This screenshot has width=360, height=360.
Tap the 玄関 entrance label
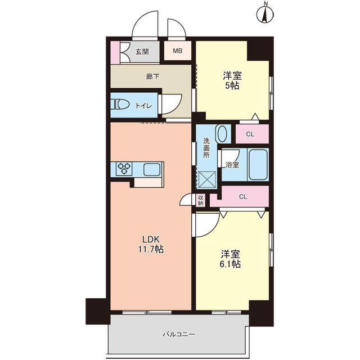(x=142, y=52)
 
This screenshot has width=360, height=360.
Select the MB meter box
(x=178, y=51)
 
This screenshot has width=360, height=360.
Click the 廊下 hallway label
(x=152, y=76)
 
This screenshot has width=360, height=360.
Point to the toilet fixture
(x=120, y=104)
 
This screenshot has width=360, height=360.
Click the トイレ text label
(x=143, y=106)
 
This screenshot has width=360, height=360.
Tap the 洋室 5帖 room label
(x=232, y=80)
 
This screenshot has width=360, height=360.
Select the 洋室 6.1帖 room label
(x=230, y=259)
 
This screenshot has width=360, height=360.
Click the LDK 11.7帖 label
(x=151, y=244)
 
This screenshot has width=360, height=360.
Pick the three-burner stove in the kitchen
(x=124, y=169)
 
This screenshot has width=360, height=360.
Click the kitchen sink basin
(x=152, y=169)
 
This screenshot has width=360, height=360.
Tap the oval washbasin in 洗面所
(x=222, y=134)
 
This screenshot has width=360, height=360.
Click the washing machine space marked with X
(x=207, y=180)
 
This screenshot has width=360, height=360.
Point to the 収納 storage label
(x=200, y=200)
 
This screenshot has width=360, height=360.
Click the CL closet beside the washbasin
(x=252, y=134)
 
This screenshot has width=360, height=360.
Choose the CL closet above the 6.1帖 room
(x=243, y=197)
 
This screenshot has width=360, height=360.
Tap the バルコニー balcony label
(x=179, y=334)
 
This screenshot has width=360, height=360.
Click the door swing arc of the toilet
(x=175, y=106)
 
